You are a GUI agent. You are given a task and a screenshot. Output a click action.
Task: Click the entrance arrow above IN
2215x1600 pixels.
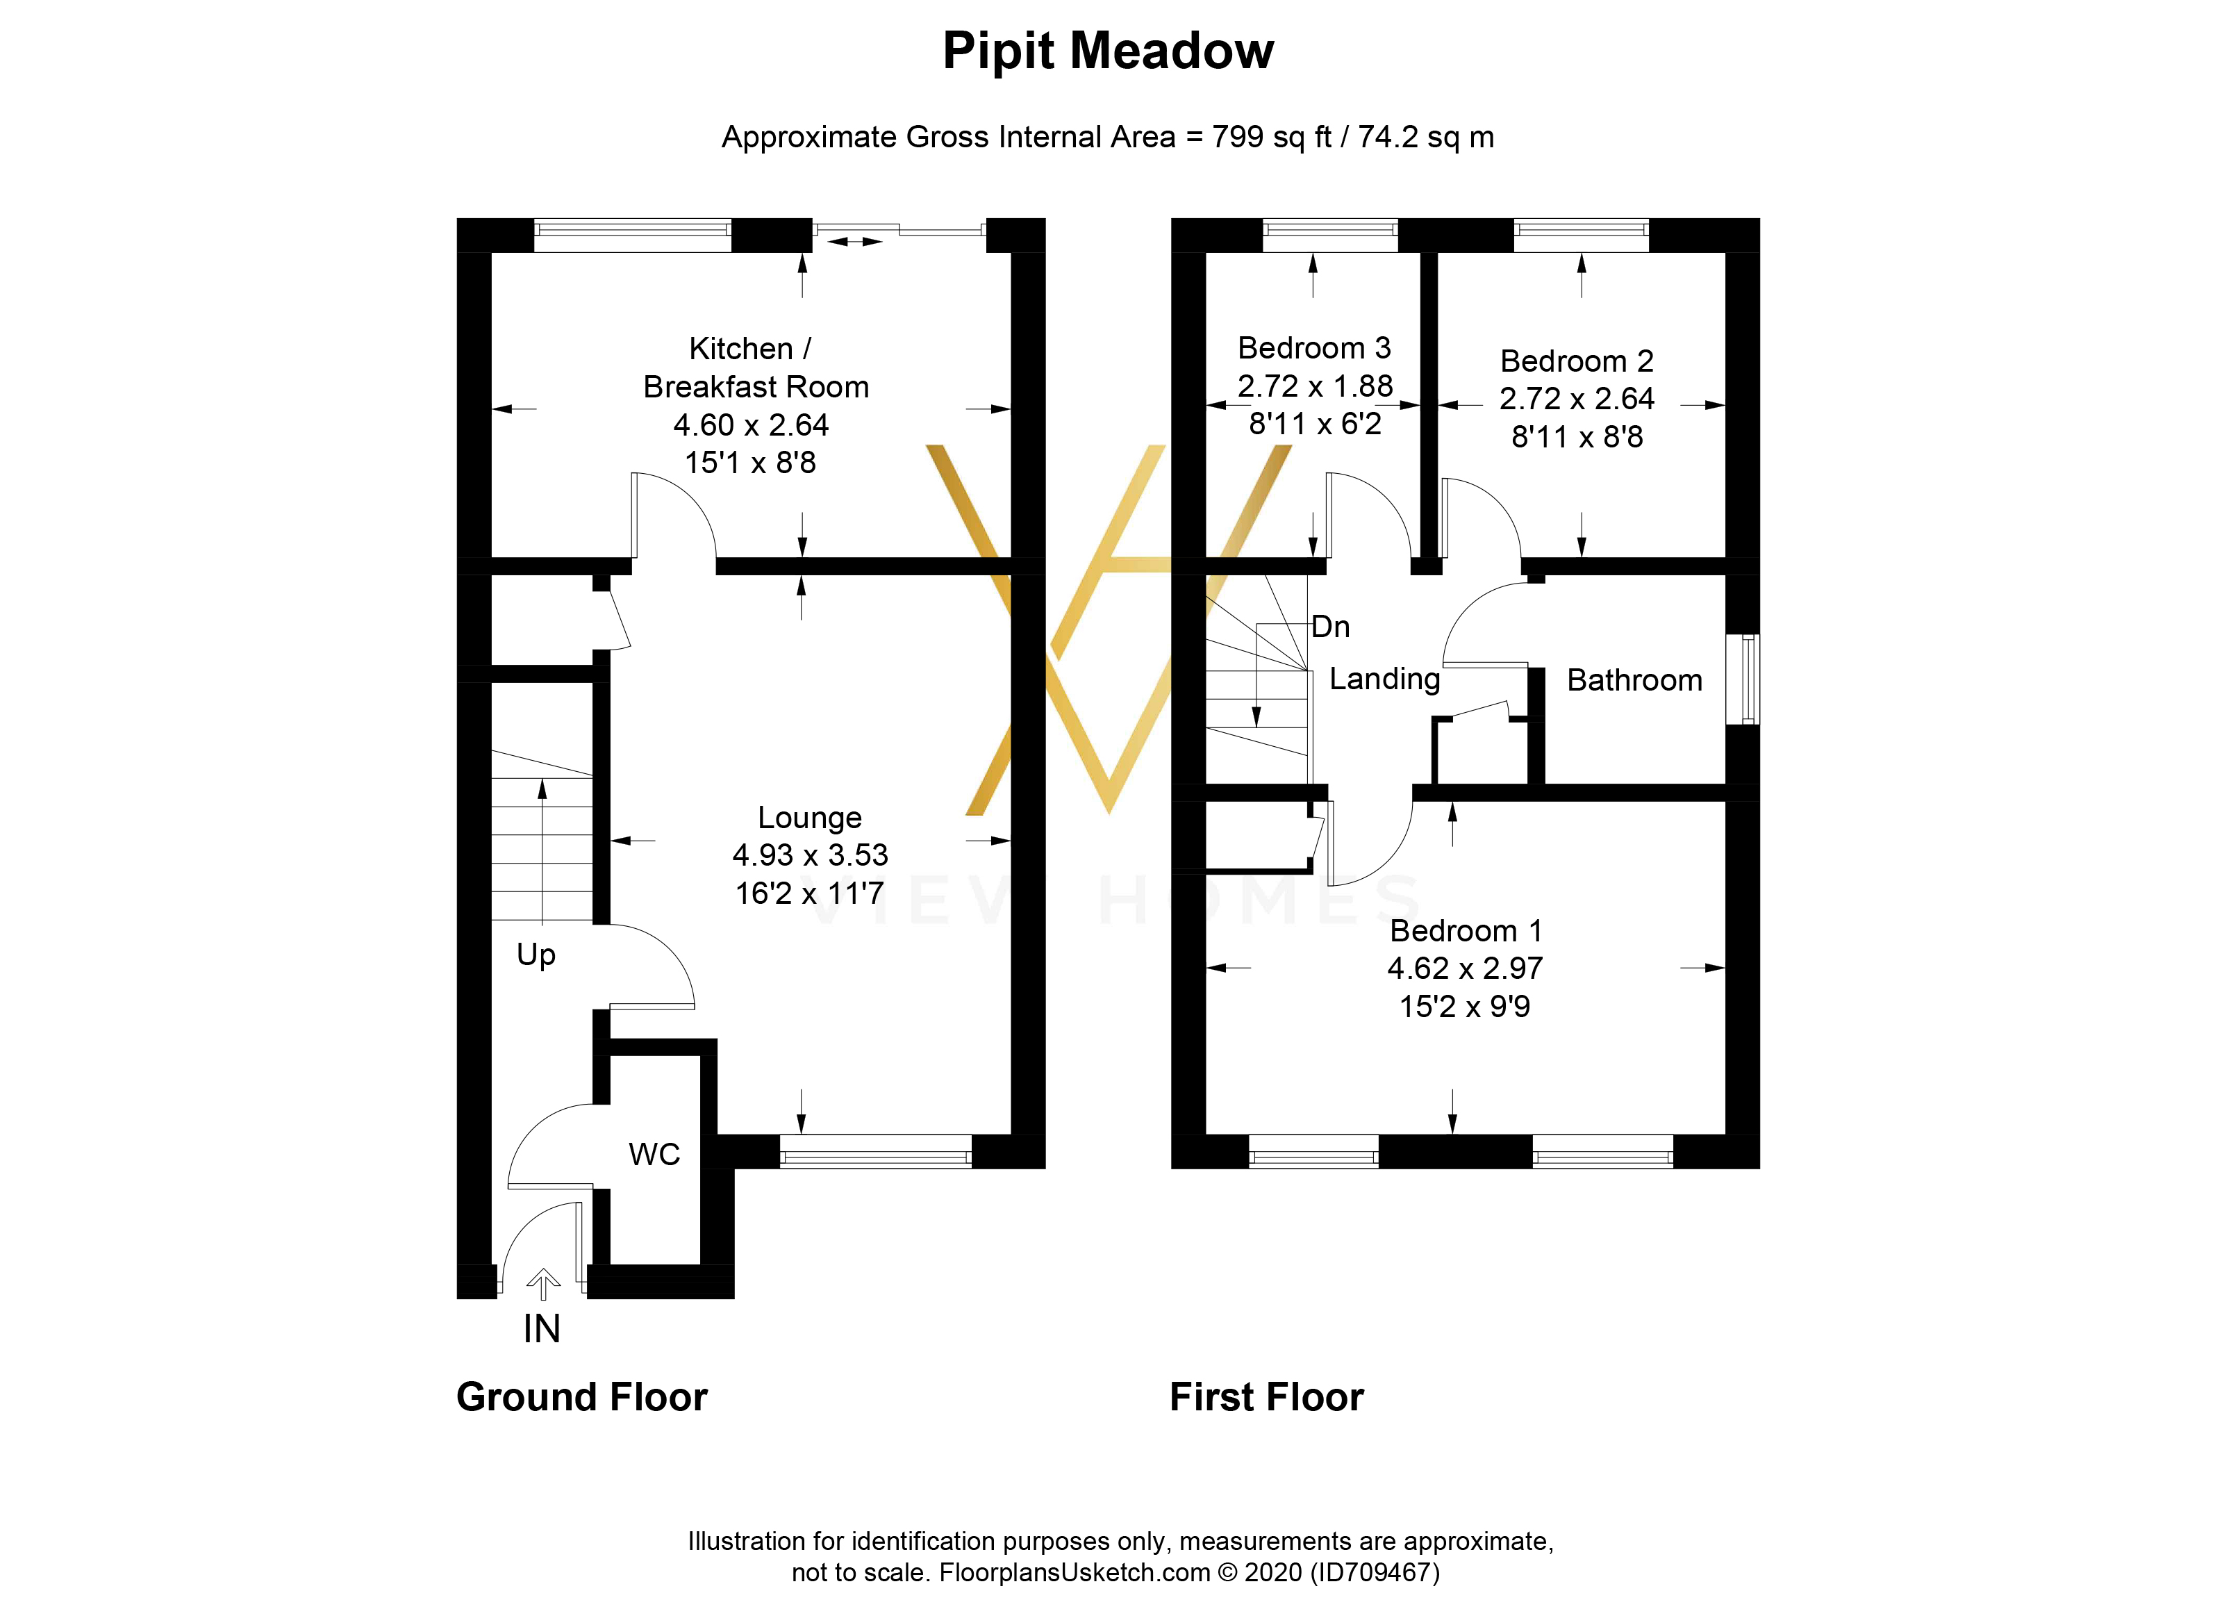(x=543, y=1283)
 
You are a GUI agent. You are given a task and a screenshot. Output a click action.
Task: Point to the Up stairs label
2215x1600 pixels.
(x=536, y=955)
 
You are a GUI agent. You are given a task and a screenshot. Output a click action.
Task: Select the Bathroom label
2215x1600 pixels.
(x=1634, y=680)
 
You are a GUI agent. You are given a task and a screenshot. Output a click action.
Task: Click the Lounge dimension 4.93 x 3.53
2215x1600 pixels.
(x=810, y=855)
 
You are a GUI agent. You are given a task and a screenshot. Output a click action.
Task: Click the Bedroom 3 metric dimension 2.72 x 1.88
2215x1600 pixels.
(x=1315, y=386)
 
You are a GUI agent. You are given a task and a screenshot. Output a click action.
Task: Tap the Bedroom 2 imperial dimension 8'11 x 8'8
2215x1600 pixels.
(x=1576, y=436)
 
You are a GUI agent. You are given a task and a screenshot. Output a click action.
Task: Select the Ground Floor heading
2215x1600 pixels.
(x=581, y=1397)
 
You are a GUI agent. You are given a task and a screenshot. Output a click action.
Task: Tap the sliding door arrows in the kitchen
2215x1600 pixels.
(x=854, y=240)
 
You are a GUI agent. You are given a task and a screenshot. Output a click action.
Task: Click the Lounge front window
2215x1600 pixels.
(x=875, y=1153)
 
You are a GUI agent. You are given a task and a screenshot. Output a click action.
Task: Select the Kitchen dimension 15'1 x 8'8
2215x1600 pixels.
(x=750, y=462)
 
